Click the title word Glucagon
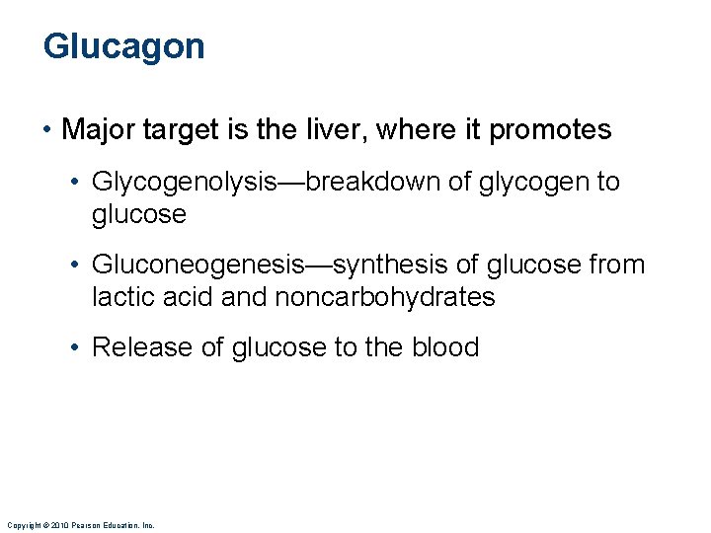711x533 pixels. [123, 47]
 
